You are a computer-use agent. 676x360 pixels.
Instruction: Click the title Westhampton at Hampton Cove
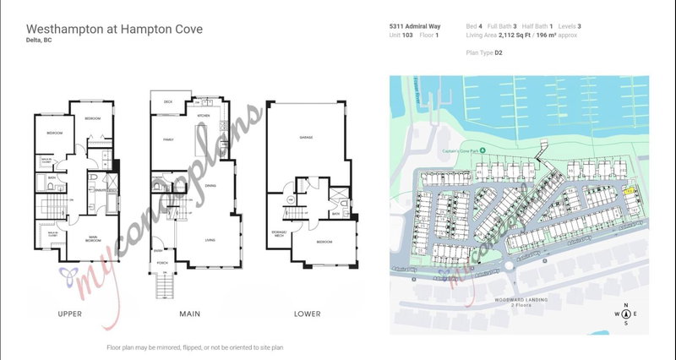point(114,30)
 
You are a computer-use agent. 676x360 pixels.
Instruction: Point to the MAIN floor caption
point(189,314)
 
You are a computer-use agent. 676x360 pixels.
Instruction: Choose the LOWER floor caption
point(307,314)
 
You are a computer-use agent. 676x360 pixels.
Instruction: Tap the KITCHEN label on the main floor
point(203,116)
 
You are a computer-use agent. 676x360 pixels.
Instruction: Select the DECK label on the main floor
point(168,101)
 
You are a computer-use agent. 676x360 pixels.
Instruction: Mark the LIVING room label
point(210,239)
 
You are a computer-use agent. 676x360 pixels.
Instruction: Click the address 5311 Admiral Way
point(414,26)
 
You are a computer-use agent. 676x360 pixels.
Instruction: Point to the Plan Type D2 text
point(485,52)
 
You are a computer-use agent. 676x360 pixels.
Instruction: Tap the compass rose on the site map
point(625,315)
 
